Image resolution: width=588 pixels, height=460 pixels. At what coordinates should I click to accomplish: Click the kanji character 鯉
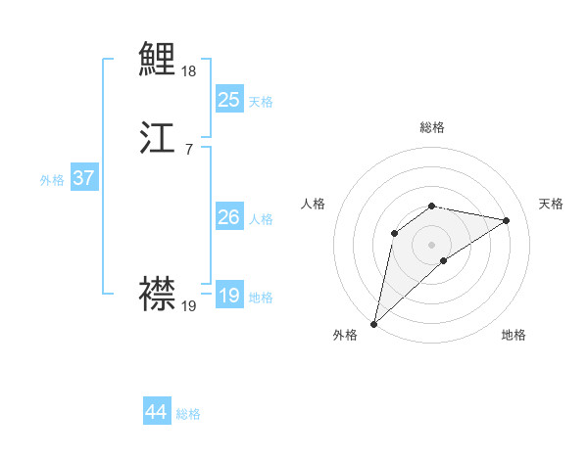(158, 60)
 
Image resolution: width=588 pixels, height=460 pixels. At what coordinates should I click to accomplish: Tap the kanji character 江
(158, 139)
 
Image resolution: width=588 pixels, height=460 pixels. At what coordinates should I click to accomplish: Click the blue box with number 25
(228, 99)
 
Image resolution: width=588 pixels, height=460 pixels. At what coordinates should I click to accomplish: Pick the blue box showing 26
(228, 217)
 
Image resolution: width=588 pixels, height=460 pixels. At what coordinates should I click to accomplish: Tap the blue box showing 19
(228, 296)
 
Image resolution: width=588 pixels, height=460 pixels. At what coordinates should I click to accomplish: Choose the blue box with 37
(84, 178)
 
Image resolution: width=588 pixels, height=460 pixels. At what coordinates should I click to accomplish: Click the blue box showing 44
(157, 412)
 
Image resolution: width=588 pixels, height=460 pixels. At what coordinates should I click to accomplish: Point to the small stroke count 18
(189, 71)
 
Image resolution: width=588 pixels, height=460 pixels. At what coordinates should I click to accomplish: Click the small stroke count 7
(188, 150)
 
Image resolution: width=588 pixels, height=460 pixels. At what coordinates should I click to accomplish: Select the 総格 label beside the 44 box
(188, 415)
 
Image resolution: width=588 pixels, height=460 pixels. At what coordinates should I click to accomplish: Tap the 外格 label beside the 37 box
(52, 180)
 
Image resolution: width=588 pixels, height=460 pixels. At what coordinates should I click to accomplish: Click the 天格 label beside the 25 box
(261, 102)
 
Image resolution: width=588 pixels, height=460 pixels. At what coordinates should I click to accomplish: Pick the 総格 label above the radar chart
(432, 127)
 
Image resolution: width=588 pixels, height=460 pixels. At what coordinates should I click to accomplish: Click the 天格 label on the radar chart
(551, 204)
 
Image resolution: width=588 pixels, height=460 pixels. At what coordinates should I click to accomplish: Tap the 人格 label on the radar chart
(314, 204)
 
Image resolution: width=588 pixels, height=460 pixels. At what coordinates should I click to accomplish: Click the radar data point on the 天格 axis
(507, 220)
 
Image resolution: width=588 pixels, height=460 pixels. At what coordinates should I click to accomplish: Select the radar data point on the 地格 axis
(444, 260)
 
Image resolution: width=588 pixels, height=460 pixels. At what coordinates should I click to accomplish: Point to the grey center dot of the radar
(432, 244)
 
